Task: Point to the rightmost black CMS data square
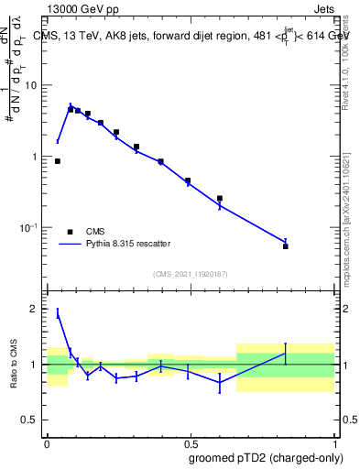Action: (286, 246)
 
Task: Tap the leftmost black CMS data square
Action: (58, 161)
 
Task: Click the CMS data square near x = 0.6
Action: (220, 198)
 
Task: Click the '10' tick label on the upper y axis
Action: (34, 85)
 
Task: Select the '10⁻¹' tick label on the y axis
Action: (32, 227)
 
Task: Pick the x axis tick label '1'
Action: (334, 441)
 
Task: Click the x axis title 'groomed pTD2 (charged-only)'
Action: (266, 457)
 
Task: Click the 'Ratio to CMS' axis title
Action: (13, 365)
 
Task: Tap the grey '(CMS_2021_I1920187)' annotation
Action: (191, 274)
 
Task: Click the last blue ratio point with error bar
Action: (286, 354)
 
